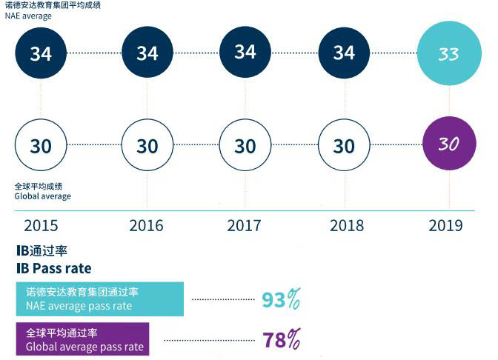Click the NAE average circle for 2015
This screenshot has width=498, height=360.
click(x=41, y=53)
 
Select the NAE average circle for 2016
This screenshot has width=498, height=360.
click(x=147, y=53)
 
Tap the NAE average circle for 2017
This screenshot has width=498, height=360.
click(x=245, y=52)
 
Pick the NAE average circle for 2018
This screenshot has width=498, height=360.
click(x=344, y=53)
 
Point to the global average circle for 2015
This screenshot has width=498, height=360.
click(x=41, y=146)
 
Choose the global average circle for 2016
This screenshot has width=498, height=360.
click(x=147, y=146)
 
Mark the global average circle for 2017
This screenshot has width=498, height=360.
click(x=245, y=146)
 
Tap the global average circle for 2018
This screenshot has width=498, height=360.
click(x=344, y=146)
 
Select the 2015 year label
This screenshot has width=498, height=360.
click(x=41, y=225)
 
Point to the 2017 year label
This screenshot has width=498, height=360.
click(x=245, y=225)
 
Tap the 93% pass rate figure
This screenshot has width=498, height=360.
click(x=281, y=300)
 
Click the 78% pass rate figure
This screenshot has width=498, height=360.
click(x=281, y=340)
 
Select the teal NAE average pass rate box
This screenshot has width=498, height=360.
click(x=99, y=299)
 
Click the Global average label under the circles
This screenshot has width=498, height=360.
click(x=42, y=196)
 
